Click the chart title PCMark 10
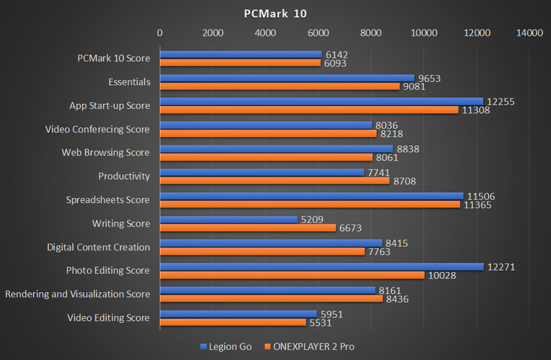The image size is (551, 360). [274, 14]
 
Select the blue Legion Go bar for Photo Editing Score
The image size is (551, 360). [322, 266]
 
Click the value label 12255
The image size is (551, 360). [501, 101]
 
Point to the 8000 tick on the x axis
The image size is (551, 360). [371, 32]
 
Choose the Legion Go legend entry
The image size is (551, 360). [225, 346]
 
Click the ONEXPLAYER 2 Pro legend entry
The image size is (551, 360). [314, 346]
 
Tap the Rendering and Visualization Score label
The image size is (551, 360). [77, 294]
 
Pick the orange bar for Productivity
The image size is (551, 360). [275, 180]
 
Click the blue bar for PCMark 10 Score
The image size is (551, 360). [241, 54]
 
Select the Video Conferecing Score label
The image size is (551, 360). [97, 129]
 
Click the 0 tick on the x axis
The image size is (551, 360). [160, 32]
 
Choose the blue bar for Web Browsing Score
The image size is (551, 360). [276, 148]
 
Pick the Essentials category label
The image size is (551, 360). [129, 82]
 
